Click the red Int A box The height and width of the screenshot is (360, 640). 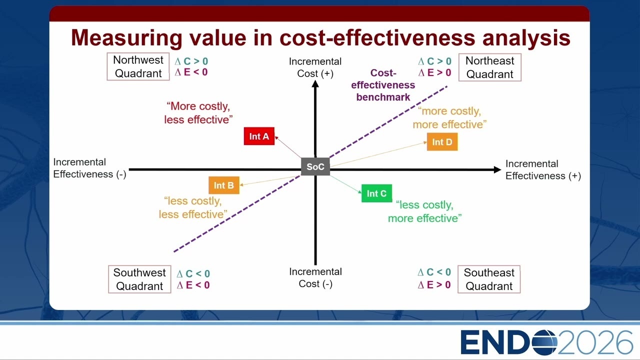pos(259,136)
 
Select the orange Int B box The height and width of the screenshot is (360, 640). pos(224,185)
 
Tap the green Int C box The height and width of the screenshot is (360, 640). pos(376,193)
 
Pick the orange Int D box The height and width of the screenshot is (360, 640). pos(442,141)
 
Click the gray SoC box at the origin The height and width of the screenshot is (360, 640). pos(315,166)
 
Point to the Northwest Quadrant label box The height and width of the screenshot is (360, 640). pos(138,66)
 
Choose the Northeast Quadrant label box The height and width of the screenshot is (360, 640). pos(489,67)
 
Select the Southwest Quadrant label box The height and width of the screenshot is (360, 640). pos(139,279)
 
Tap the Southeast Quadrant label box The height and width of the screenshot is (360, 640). pos(489,279)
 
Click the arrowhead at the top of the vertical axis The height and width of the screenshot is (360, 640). pos(315,83)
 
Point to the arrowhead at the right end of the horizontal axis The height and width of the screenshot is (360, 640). pos(497,169)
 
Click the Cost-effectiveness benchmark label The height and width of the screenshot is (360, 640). pos(383,85)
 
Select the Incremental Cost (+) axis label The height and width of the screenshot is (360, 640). pos(315,67)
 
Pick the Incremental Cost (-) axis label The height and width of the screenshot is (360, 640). pos(315,277)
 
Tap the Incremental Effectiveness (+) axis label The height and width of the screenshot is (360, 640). pos(543,169)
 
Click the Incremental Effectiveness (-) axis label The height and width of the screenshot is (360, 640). pos(89,168)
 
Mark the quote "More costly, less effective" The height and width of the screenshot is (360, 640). pos(198,113)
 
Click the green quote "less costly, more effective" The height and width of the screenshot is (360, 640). pos(424,211)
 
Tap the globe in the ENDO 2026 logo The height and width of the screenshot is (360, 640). pos(544,342)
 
